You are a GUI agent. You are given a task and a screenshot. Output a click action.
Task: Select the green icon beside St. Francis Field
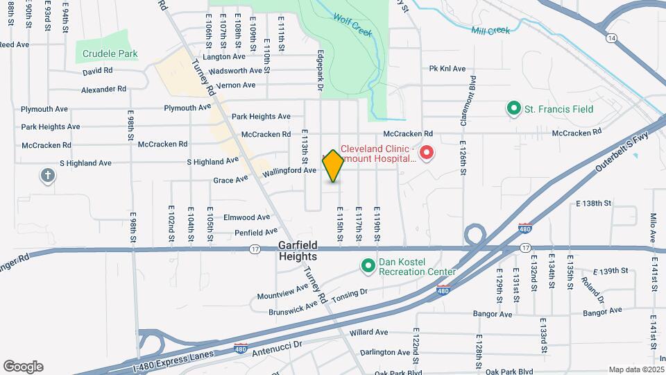[513, 109]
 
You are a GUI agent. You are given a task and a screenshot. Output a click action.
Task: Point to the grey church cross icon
[48, 176]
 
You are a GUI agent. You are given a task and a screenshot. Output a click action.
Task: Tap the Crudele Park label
[110, 53]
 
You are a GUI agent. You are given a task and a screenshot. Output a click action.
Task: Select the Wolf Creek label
[352, 28]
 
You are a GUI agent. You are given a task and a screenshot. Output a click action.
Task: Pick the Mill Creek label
[490, 31]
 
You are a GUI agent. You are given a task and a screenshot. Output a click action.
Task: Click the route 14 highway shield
[611, 40]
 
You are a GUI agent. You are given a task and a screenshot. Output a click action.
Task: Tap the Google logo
[23, 366]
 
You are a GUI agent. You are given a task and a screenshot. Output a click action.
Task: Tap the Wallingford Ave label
[290, 170]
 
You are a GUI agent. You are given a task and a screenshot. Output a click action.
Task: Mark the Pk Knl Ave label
[447, 69]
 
